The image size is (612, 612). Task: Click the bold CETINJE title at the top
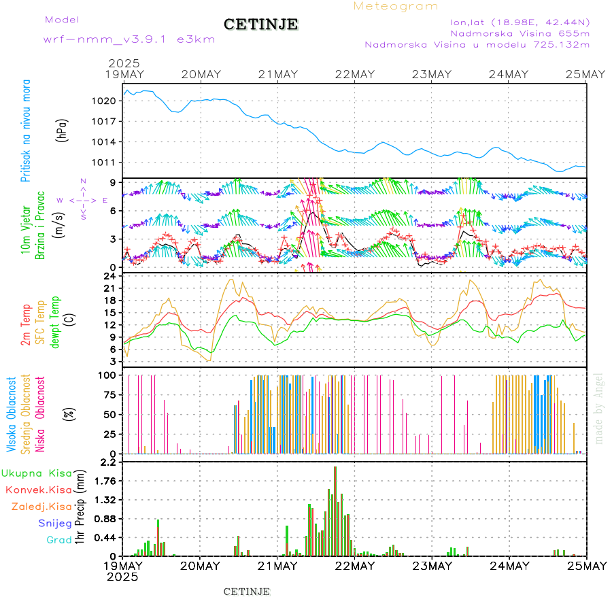click(261, 24)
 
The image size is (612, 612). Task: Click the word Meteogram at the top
click(396, 6)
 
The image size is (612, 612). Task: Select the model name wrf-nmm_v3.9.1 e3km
click(129, 39)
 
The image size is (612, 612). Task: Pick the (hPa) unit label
click(62, 129)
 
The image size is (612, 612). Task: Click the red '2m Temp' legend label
click(26, 326)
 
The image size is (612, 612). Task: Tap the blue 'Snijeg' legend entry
click(56, 523)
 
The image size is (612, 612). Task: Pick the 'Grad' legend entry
click(58, 540)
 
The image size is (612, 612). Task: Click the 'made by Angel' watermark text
click(599, 408)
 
